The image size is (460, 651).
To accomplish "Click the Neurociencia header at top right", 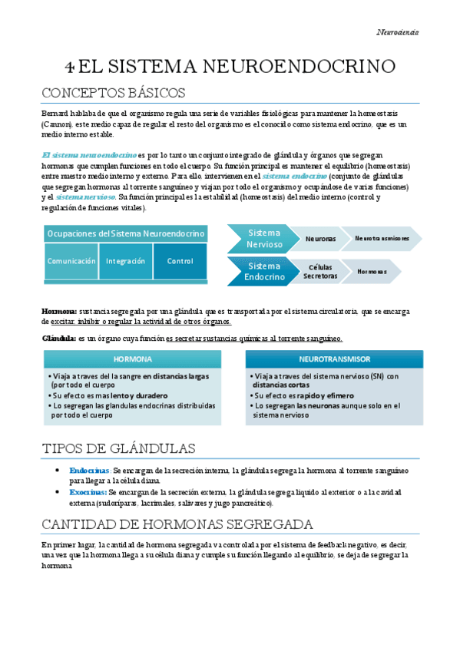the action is [x=397, y=32].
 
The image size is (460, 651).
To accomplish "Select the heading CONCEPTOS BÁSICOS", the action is [x=113, y=93].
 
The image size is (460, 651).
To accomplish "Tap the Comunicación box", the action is [x=71, y=261].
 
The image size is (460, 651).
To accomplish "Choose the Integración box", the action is [x=126, y=261].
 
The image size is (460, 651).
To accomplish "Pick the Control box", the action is [x=180, y=261].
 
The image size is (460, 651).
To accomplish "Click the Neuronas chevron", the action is [x=320, y=239].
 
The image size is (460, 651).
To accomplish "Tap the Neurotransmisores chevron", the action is [x=382, y=239].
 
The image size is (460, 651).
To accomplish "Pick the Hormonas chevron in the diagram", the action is [x=372, y=272].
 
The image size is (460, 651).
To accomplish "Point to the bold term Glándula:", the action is [x=58, y=339].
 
